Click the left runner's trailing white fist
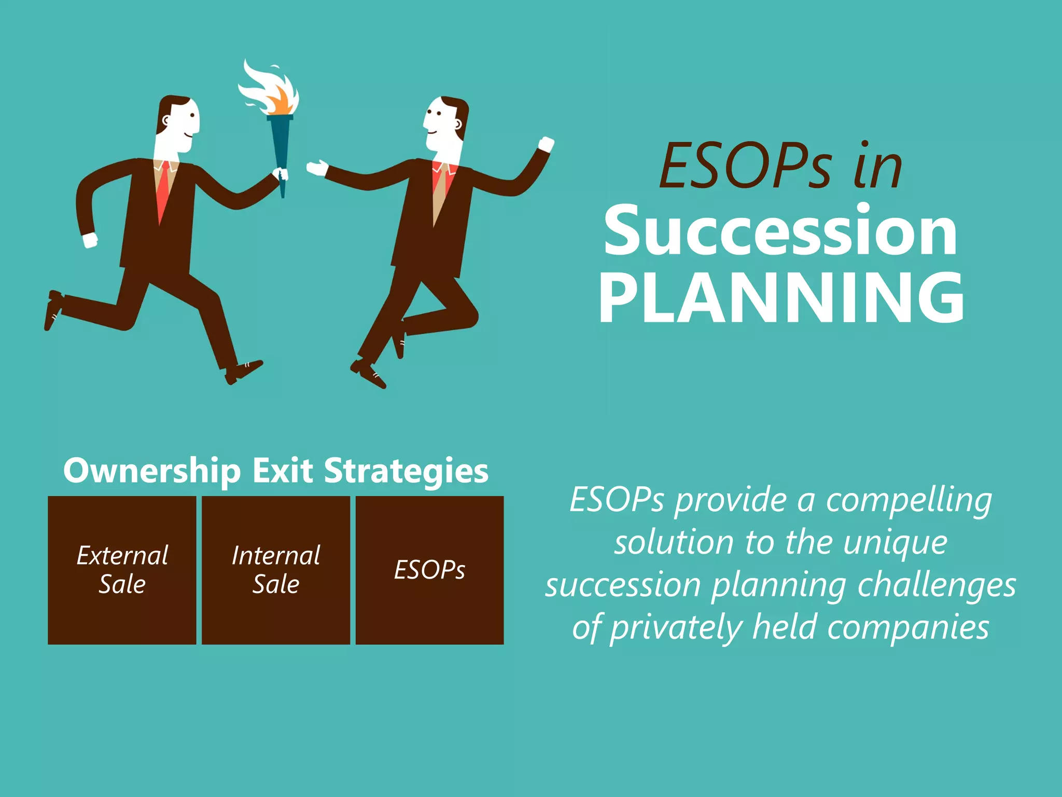pyautogui.click(x=90, y=240)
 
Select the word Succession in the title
pyautogui.click(x=780, y=231)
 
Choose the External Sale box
pyautogui.click(x=122, y=570)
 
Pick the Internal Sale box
pyautogui.click(x=276, y=570)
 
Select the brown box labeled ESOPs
pyautogui.click(x=429, y=570)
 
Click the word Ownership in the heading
pyautogui.click(x=152, y=471)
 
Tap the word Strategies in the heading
pyautogui.click(x=406, y=471)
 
